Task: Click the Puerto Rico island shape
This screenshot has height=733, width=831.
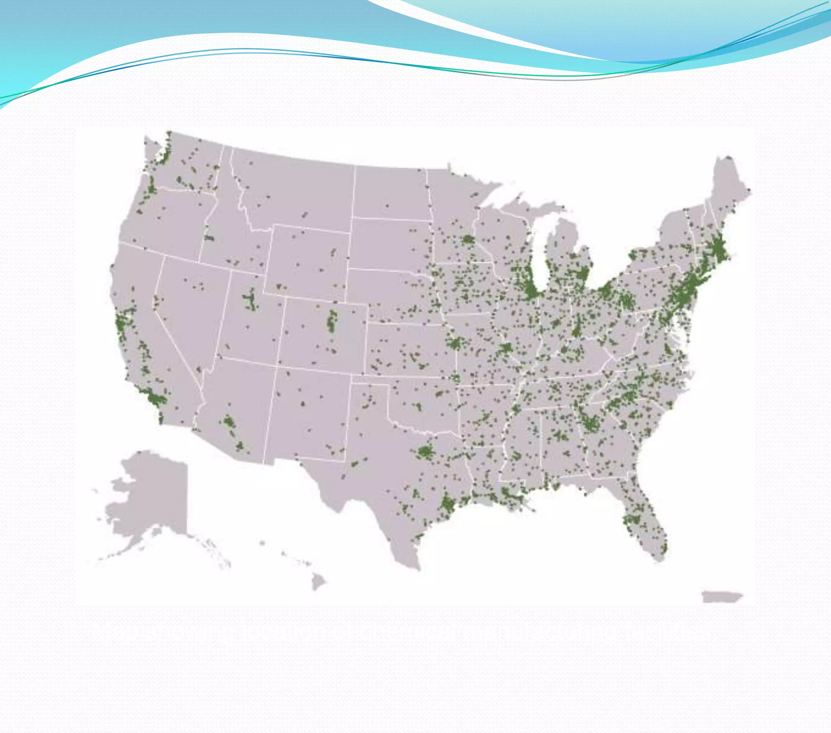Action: point(721,597)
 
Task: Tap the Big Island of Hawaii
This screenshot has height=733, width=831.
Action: point(318,583)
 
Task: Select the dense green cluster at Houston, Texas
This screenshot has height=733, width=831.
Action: point(448,504)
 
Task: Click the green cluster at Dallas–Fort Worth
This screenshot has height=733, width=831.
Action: point(424,451)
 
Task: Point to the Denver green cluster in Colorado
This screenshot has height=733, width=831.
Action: point(332,321)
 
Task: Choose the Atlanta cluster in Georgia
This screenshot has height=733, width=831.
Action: point(589,423)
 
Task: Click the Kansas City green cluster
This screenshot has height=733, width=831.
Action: point(454,344)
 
